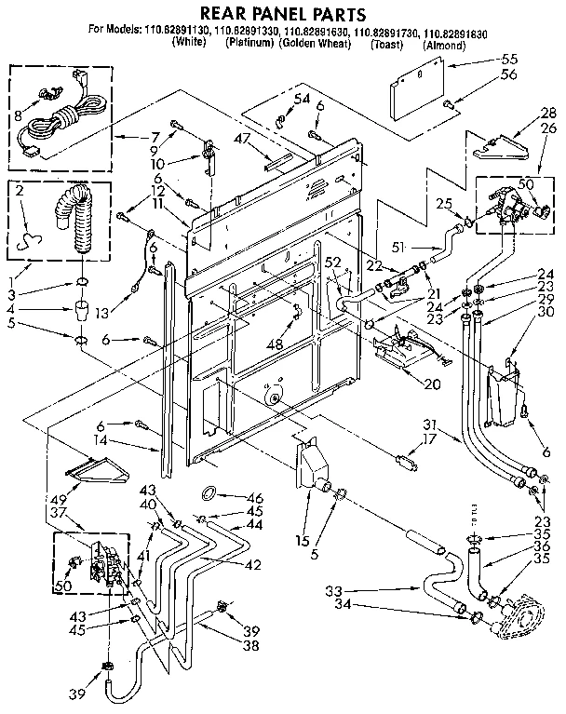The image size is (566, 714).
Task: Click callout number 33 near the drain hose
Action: (x=335, y=590)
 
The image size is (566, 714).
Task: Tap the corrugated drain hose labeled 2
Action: (x=74, y=220)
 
